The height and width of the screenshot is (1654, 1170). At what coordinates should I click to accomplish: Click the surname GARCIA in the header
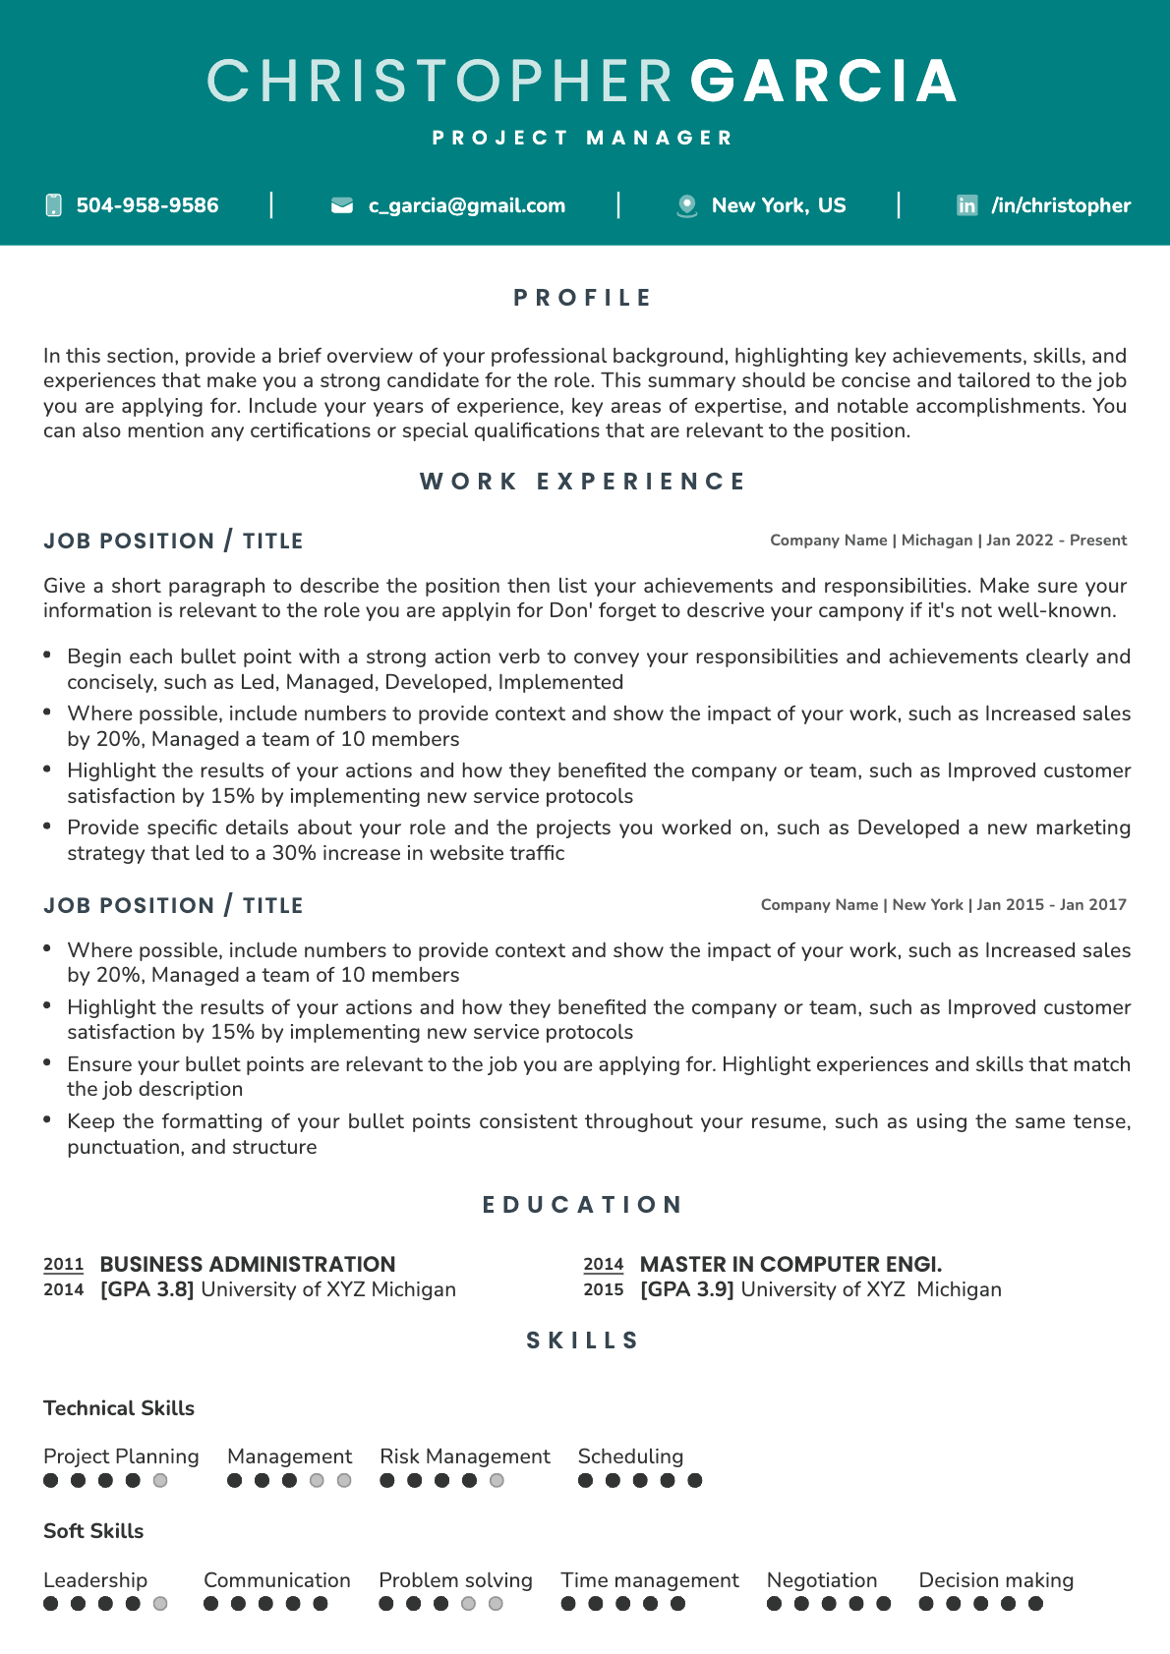coord(824,81)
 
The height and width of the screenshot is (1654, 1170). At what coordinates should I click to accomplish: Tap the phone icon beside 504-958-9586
coord(53,205)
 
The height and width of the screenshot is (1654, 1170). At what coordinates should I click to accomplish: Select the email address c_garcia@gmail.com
coord(466,205)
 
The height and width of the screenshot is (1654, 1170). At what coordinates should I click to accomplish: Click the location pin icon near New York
coord(687,205)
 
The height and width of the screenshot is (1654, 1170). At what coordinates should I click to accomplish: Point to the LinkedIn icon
coord(967,205)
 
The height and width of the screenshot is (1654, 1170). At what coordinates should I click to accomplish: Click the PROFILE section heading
coord(583,298)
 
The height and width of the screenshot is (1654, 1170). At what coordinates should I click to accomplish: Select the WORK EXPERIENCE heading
coord(583,482)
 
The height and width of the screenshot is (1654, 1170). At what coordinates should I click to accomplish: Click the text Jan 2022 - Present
coord(1056,541)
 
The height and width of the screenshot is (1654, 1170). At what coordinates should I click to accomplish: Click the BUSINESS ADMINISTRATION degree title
coord(248,1265)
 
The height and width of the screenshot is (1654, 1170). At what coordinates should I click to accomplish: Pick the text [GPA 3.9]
coord(687,1289)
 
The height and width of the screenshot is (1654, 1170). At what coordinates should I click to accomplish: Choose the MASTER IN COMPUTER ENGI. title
coord(790,1265)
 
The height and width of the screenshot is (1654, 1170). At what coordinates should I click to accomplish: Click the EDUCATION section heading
coord(583,1205)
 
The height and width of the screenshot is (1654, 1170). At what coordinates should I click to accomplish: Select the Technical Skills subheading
coord(119,1408)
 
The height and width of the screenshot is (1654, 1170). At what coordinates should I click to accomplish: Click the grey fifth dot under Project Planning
coord(160,1481)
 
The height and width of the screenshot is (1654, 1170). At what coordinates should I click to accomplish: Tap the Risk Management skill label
coord(465,1456)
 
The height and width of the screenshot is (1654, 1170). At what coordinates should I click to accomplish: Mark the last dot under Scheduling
coord(695,1481)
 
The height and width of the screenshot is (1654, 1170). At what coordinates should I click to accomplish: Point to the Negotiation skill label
coord(822,1580)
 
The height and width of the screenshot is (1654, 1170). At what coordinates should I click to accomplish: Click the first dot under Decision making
coord(926,1604)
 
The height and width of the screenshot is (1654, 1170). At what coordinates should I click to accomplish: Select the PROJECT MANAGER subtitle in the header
coord(583,138)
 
